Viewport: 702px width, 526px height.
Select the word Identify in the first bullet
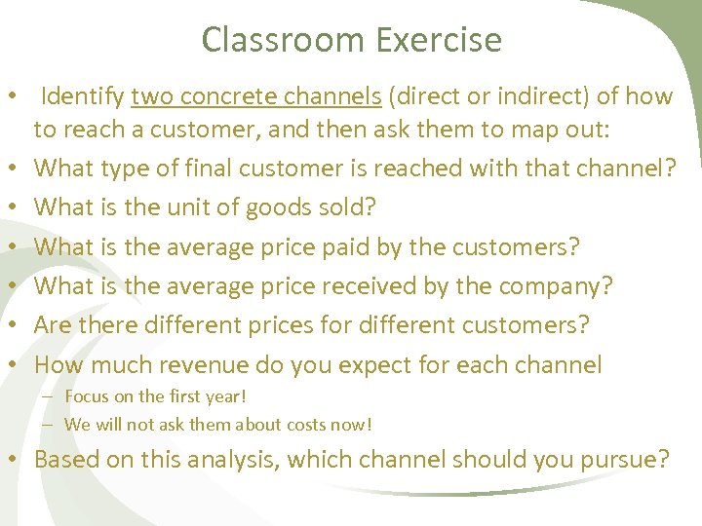[83, 96]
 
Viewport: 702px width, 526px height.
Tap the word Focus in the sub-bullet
[87, 396]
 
